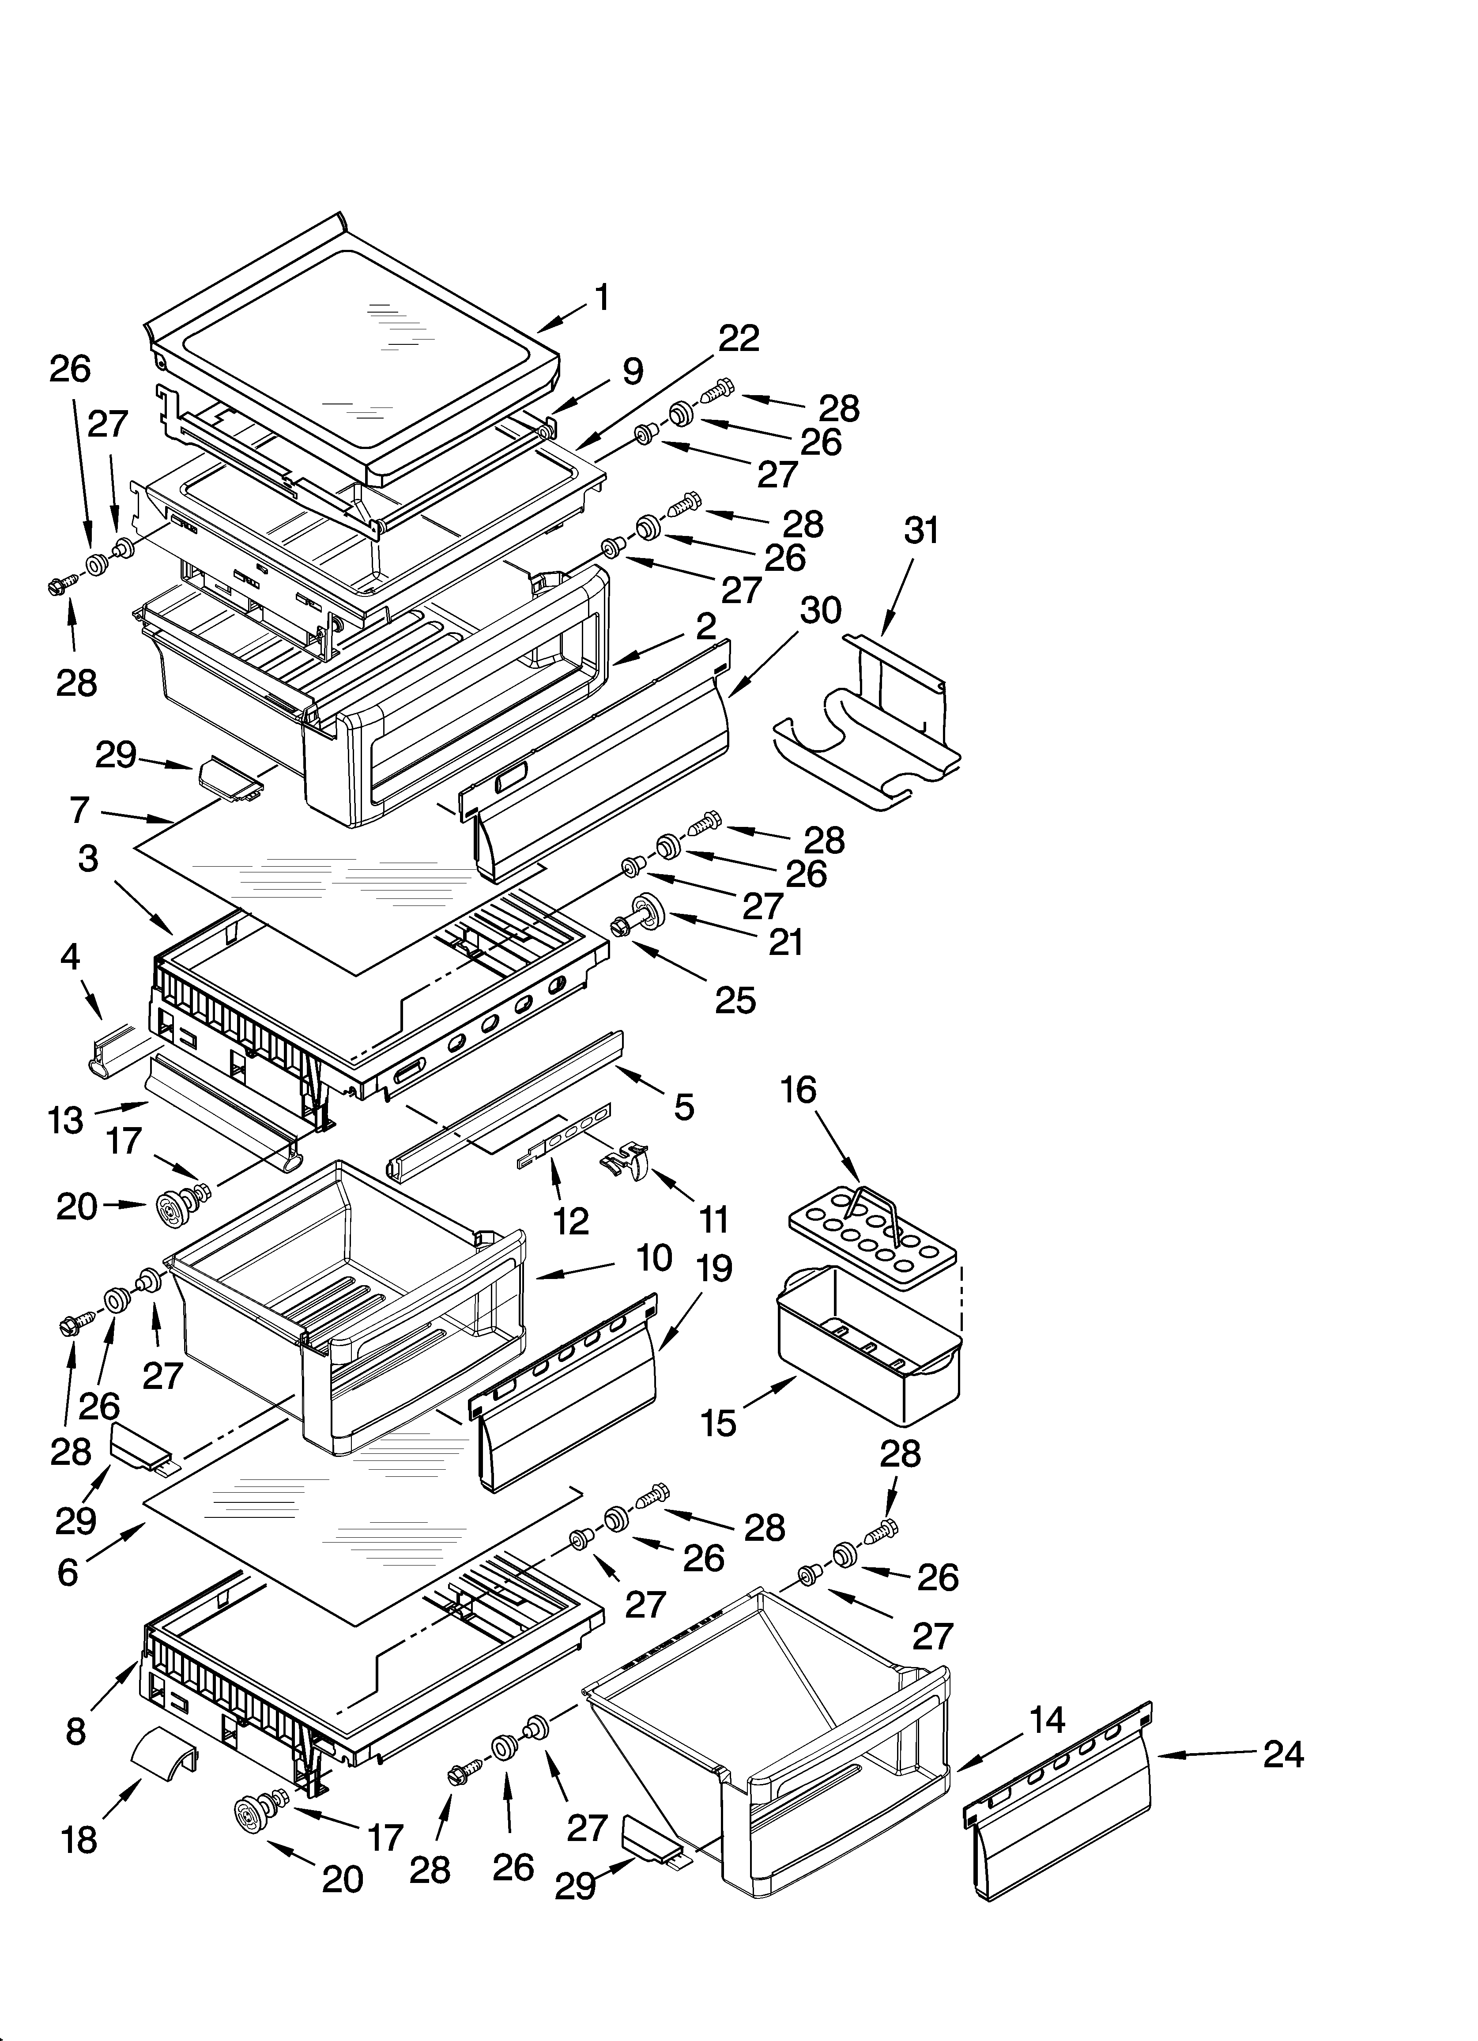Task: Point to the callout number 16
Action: pyautogui.click(x=799, y=1090)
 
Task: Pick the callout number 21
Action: pyautogui.click(x=785, y=941)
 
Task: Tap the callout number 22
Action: pyautogui.click(x=739, y=338)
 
